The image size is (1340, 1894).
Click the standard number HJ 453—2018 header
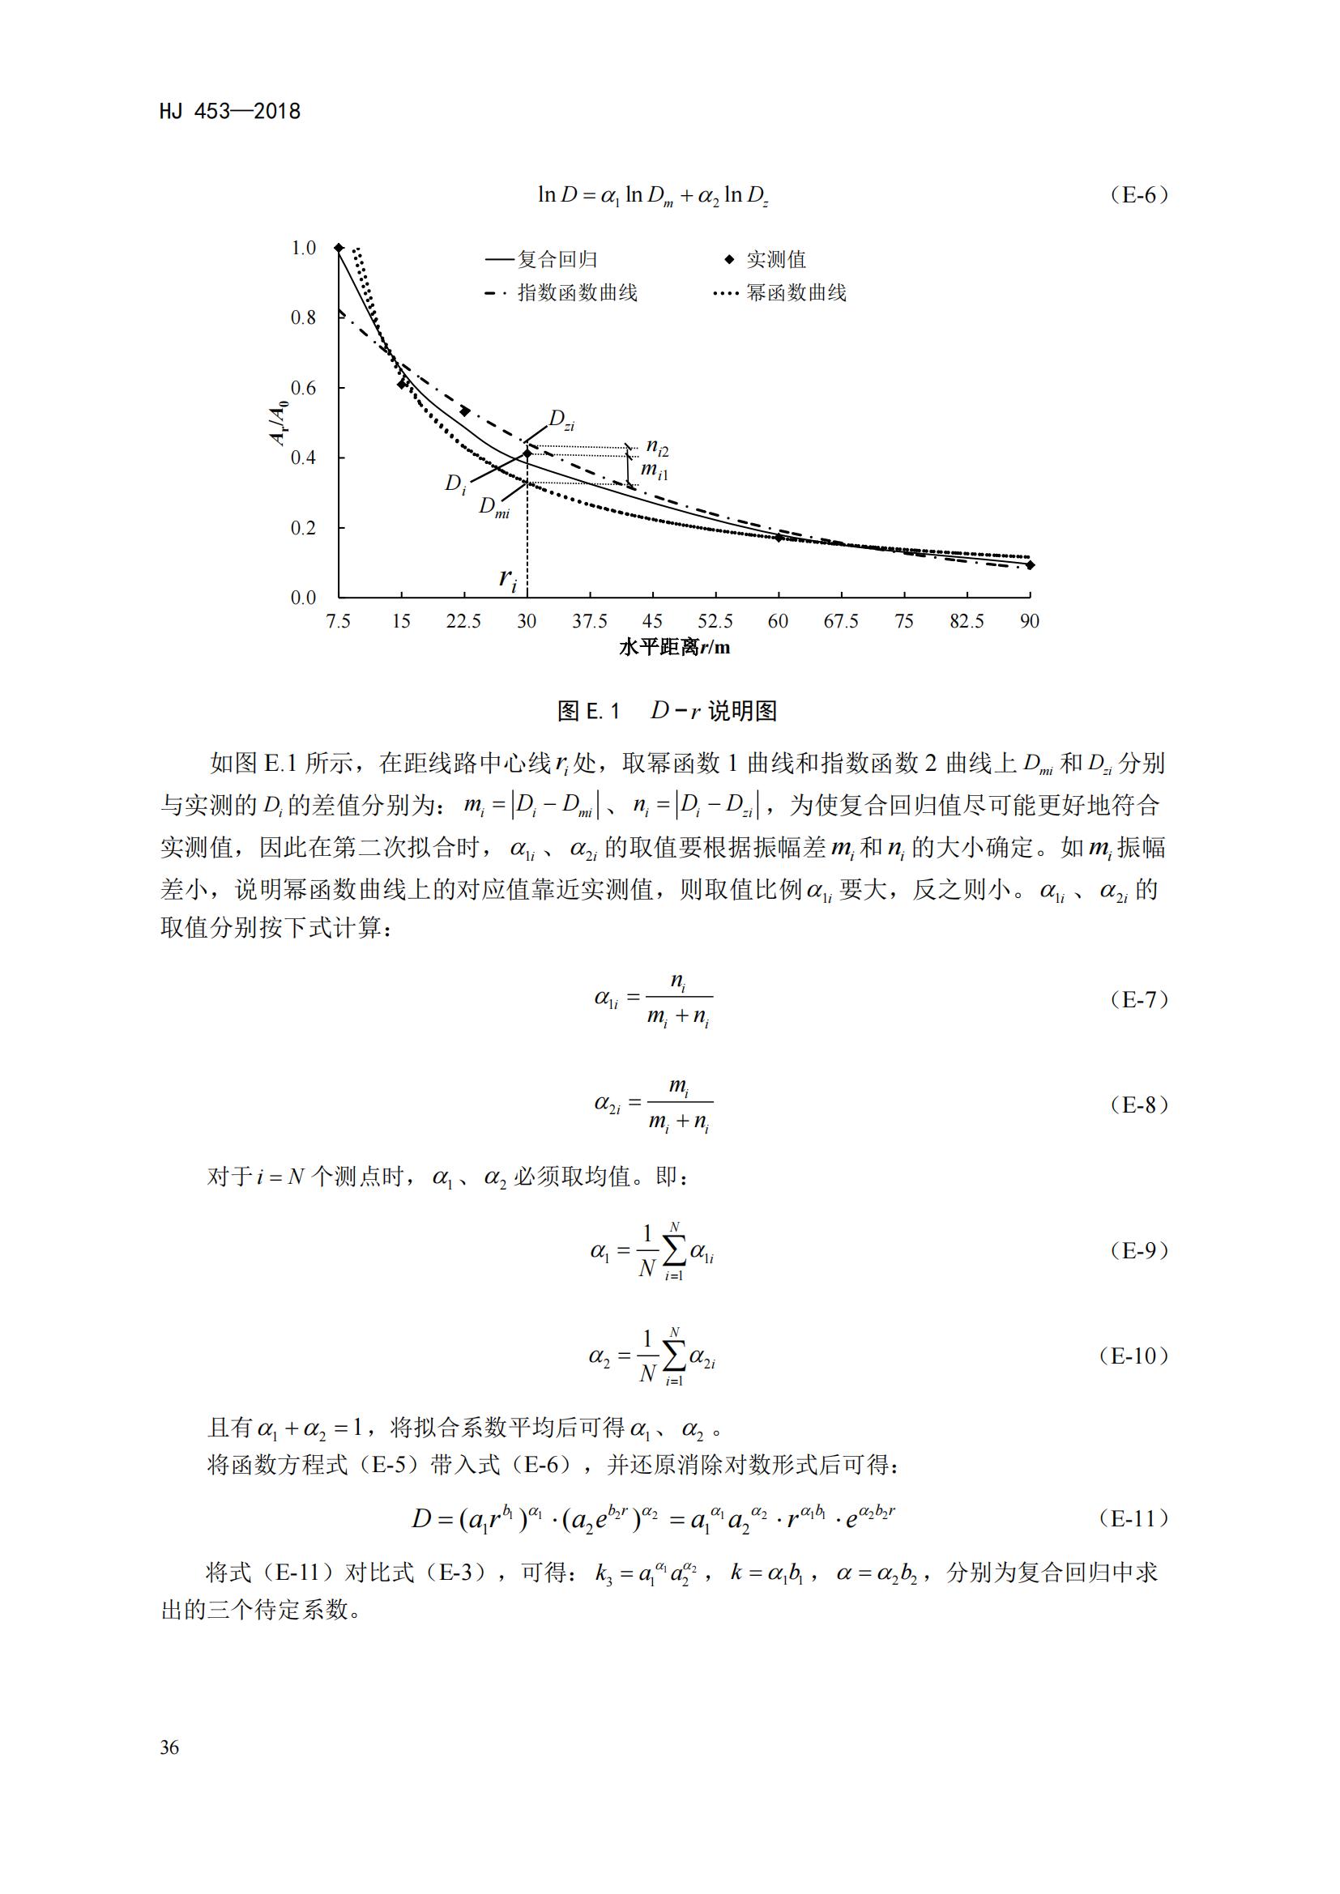click(x=230, y=112)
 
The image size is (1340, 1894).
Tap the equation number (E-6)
click(x=1140, y=195)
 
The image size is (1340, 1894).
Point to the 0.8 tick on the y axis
click(x=304, y=317)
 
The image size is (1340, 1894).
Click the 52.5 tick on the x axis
click(x=715, y=620)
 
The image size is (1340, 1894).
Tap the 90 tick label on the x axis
click(x=1029, y=620)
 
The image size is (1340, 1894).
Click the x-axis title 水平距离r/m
click(x=674, y=647)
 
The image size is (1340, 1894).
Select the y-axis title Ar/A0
click(x=280, y=422)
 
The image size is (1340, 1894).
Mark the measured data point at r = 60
click(x=778, y=538)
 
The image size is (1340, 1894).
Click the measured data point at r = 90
click(x=1030, y=565)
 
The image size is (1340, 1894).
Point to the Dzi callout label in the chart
click(x=562, y=422)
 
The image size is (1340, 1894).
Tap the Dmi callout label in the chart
click(x=493, y=506)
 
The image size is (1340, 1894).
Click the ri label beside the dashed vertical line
click(x=507, y=579)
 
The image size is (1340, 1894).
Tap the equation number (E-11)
click(x=1134, y=1517)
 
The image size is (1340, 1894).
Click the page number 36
click(x=169, y=1747)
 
